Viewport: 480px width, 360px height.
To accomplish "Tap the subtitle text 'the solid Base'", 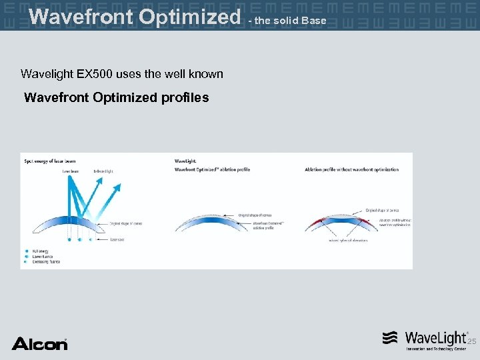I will (x=291, y=21).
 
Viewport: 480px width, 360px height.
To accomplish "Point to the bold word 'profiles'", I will (x=185, y=97).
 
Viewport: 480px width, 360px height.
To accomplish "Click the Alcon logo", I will (x=39, y=343).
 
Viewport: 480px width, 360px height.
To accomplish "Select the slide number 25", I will (x=471, y=342).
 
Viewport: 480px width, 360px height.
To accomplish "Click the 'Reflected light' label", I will (x=103, y=171).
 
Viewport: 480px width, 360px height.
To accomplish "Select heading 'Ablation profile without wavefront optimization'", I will (x=351, y=169).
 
